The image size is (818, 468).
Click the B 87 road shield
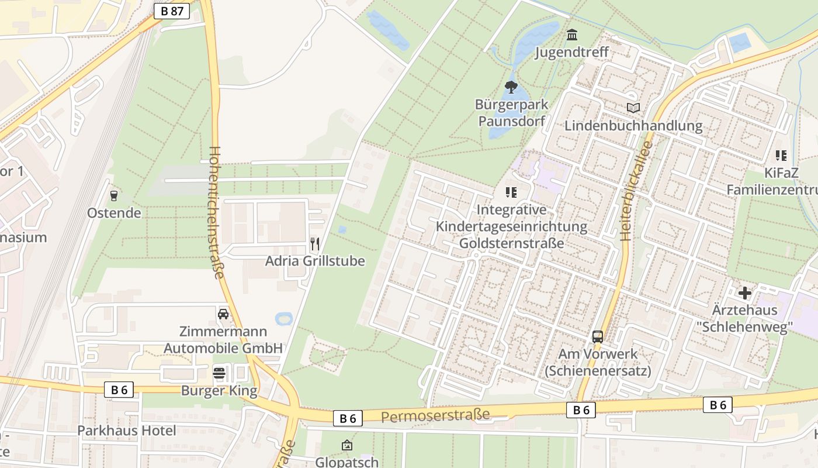pyautogui.click(x=172, y=11)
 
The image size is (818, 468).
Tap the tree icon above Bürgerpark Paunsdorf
pyautogui.click(x=511, y=88)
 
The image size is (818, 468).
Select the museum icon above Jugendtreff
pyautogui.click(x=572, y=35)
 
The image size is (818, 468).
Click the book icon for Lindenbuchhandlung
pyautogui.click(x=633, y=108)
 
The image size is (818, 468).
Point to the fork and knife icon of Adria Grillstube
pyautogui.click(x=315, y=243)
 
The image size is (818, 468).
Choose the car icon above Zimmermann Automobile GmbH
pyautogui.click(x=223, y=314)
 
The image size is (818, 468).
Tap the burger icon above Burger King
pyautogui.click(x=219, y=373)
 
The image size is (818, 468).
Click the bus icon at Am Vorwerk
pyautogui.click(x=597, y=337)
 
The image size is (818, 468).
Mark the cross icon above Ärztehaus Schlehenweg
pyautogui.click(x=745, y=292)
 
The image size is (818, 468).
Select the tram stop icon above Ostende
pyautogui.click(x=114, y=195)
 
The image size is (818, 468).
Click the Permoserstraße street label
pyautogui.click(x=435, y=417)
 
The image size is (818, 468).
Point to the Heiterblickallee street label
pyautogui.click(x=635, y=191)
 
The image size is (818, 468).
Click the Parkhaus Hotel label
pyautogui.click(x=127, y=431)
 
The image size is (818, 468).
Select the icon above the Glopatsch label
pyautogui.click(x=347, y=446)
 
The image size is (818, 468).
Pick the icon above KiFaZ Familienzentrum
pyautogui.click(x=781, y=156)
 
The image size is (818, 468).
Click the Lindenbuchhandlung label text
pyautogui.click(x=633, y=126)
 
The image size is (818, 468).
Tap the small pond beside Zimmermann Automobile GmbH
pyautogui.click(x=284, y=319)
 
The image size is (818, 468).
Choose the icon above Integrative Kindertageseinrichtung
pyautogui.click(x=511, y=192)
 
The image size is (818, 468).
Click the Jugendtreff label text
pyautogui.click(x=572, y=52)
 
